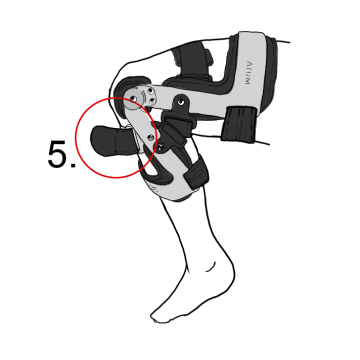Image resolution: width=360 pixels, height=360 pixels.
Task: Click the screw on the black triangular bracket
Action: point(180,102)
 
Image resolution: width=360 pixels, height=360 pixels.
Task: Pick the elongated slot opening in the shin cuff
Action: point(156,172)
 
